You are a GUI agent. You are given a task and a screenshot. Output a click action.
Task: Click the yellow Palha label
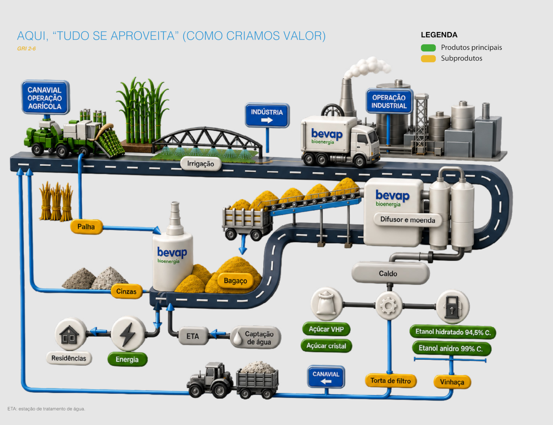(x=87, y=227)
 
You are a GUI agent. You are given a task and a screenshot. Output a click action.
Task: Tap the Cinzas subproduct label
(x=126, y=291)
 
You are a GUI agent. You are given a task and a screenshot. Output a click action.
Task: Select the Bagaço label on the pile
(x=235, y=281)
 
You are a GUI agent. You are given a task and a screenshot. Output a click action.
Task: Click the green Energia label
(x=127, y=359)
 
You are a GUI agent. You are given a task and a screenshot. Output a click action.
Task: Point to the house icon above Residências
(x=69, y=334)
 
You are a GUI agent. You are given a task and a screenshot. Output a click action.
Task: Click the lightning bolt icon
(x=128, y=334)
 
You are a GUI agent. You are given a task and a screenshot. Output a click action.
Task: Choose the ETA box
(x=193, y=336)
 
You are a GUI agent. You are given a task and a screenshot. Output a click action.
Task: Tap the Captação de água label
(x=256, y=338)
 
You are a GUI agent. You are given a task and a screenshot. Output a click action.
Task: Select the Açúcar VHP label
(x=326, y=329)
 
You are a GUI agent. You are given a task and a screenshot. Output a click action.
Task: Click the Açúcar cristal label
(x=326, y=346)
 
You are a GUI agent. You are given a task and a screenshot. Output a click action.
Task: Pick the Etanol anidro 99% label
(x=451, y=348)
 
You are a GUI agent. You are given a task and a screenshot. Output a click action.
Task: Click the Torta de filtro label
(x=391, y=381)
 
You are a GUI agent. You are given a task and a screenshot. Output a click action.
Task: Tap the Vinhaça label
(x=452, y=382)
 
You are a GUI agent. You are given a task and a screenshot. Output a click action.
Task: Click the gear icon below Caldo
(x=389, y=305)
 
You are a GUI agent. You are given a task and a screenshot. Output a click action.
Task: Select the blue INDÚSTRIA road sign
(x=267, y=115)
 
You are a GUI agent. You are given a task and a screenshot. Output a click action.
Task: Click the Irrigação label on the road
(x=201, y=164)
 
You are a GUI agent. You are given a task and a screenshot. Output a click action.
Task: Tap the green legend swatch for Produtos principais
(x=428, y=47)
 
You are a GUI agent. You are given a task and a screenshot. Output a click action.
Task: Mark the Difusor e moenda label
(x=408, y=220)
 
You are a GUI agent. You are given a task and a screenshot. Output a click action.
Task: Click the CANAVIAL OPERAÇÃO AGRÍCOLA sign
(x=45, y=97)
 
